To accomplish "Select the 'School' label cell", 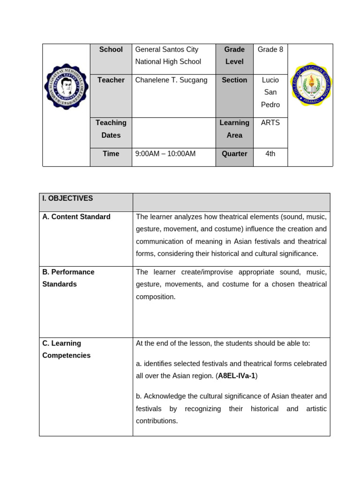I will click(x=111, y=50).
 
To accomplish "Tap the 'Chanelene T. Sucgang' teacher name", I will click(x=171, y=80).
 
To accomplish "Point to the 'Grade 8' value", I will click(x=270, y=50).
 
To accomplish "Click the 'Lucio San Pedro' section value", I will click(x=270, y=92).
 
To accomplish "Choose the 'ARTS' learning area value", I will click(x=270, y=123).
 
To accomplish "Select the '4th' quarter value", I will click(x=270, y=154).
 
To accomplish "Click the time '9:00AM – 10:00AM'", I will click(x=165, y=154).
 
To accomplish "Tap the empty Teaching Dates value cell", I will click(x=173, y=133).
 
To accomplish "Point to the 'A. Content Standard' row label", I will click(x=76, y=217).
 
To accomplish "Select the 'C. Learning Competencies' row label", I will click(x=66, y=349).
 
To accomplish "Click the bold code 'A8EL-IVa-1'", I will click(x=237, y=376).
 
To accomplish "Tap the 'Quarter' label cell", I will click(x=234, y=154).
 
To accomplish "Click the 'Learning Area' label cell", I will click(x=234, y=129).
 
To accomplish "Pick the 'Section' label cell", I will click(x=234, y=80).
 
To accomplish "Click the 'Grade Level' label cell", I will click(x=234, y=55).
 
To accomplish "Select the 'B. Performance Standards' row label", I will click(x=68, y=278).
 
